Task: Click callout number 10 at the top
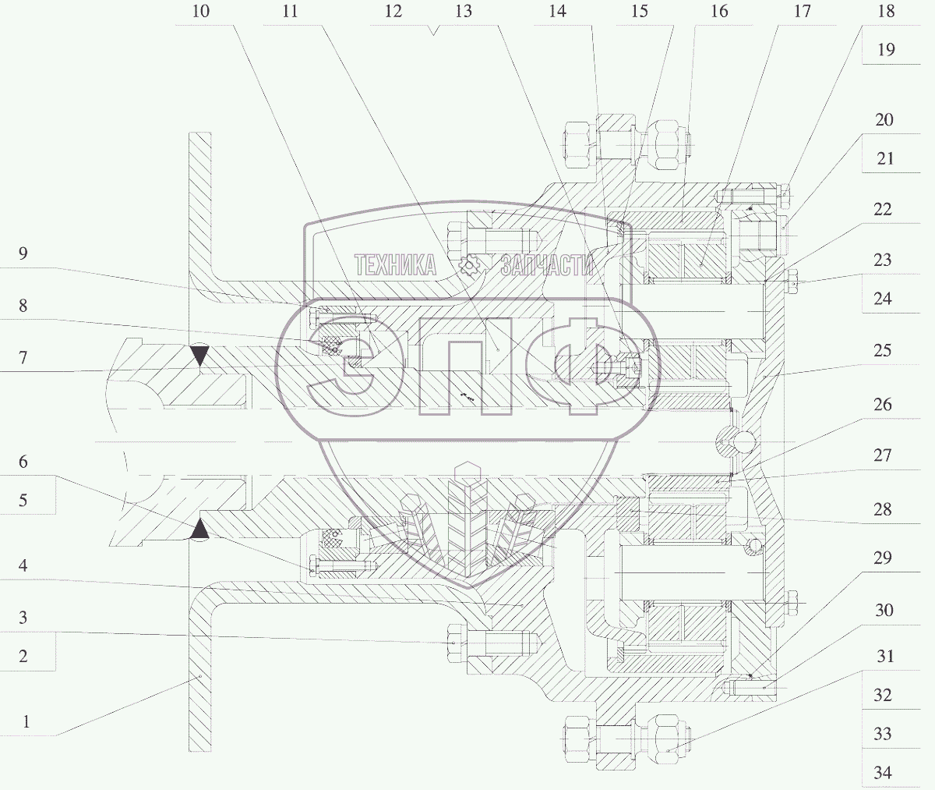pos(200,11)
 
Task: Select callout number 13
pos(463,11)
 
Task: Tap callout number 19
pos(886,50)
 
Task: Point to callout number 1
pos(26,721)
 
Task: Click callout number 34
pos(883,773)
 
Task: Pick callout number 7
pos(23,357)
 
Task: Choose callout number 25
pos(882,350)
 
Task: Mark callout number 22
pos(882,209)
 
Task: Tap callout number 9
pos(23,253)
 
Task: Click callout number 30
pos(884,610)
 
